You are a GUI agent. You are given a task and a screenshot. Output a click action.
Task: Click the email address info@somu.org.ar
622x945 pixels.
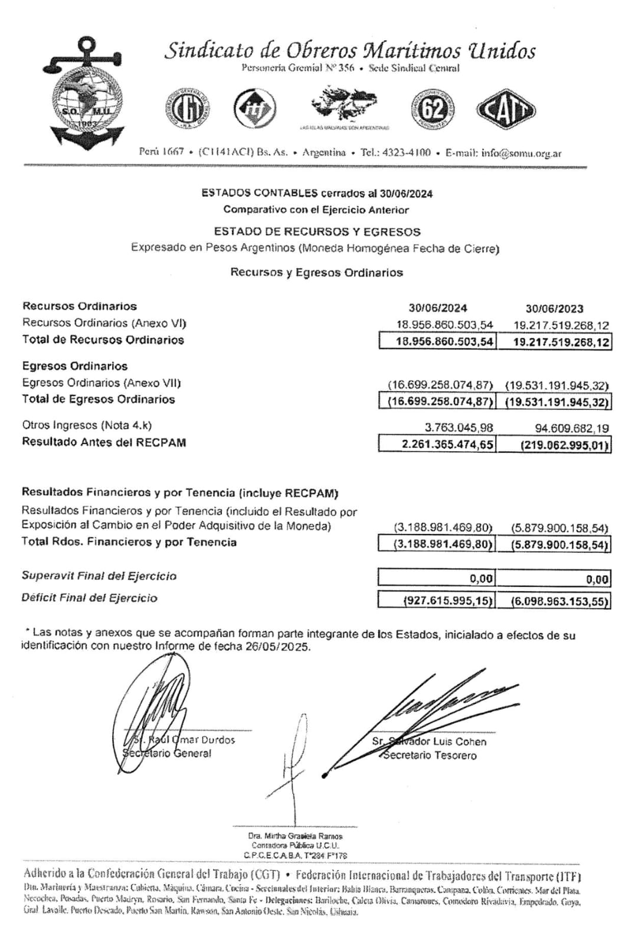click(x=521, y=153)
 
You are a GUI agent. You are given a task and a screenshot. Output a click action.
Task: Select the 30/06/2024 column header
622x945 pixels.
click(x=437, y=308)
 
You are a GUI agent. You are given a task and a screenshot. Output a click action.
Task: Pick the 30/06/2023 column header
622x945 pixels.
click(x=554, y=308)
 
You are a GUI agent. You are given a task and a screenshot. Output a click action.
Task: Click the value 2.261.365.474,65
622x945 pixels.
click(x=447, y=444)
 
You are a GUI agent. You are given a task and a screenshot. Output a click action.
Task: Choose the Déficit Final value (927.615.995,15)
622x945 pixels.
click(x=447, y=601)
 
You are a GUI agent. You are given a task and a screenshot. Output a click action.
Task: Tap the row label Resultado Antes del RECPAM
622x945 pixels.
click(x=104, y=442)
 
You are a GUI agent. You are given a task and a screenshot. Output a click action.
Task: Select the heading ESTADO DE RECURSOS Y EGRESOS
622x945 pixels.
click(x=317, y=232)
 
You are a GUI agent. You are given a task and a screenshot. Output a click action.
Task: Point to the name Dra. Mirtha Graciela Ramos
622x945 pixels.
click(x=295, y=836)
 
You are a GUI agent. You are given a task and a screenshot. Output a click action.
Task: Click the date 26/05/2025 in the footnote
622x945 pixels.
click(x=277, y=647)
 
